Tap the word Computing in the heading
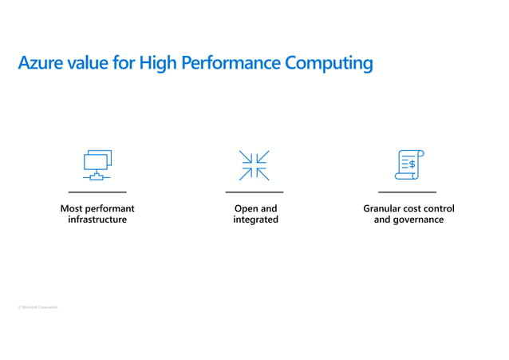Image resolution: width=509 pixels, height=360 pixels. (333, 63)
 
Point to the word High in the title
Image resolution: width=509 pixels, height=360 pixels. (157, 63)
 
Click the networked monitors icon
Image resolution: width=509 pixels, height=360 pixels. (97, 164)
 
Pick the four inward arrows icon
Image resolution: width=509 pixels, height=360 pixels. (254, 165)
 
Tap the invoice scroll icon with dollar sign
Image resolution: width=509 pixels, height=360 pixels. (410, 164)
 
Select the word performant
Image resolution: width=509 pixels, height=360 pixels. (109, 208)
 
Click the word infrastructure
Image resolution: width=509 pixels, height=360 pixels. (97, 220)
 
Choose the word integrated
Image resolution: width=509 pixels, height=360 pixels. (255, 220)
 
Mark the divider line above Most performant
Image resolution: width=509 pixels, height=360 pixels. (97, 192)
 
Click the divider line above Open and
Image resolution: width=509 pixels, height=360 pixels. (254, 192)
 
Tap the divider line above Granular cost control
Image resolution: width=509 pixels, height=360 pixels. (407, 192)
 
